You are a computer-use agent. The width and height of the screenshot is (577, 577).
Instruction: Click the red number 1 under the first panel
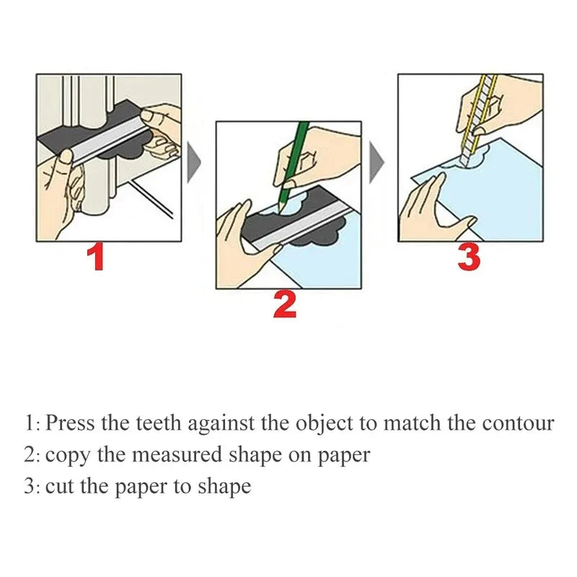(x=95, y=257)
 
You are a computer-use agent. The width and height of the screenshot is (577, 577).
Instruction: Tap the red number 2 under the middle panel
(x=285, y=305)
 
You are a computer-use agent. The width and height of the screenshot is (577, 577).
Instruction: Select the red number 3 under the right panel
(x=469, y=257)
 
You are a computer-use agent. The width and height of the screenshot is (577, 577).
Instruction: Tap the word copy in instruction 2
(x=64, y=456)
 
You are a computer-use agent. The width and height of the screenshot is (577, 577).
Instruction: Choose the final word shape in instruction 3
(x=226, y=487)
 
